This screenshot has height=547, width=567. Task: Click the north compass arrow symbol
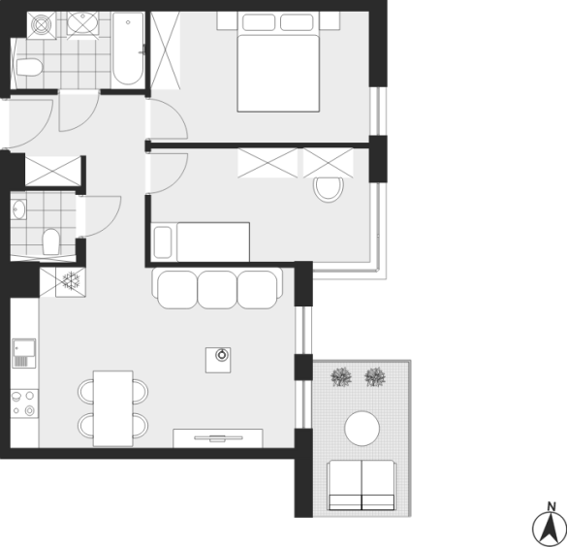point(549,526)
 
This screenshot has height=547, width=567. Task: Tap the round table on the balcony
point(362,429)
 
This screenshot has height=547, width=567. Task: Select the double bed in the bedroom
point(278,62)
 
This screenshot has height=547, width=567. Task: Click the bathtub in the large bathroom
point(128,48)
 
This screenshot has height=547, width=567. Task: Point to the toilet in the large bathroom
point(29,67)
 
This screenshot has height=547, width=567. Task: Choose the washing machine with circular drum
point(42,25)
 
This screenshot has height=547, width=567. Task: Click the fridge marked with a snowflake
point(71,282)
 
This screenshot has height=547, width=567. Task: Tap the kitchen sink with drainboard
point(24,353)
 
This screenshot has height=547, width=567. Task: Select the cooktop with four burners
point(24,403)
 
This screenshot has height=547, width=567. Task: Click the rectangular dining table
point(112,408)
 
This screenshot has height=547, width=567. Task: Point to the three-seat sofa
point(217,288)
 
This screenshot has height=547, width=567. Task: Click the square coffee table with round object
point(218,360)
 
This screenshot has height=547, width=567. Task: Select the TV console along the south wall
point(218,438)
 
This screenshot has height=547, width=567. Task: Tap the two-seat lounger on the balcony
point(362,485)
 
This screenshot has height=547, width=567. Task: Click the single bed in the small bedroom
point(201,241)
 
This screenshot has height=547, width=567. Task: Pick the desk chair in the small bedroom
point(329,189)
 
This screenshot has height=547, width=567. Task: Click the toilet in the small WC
point(51,241)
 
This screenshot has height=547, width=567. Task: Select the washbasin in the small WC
point(18,209)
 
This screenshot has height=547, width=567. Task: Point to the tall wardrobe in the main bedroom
point(166,49)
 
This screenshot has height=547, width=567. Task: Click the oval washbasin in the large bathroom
point(82,23)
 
